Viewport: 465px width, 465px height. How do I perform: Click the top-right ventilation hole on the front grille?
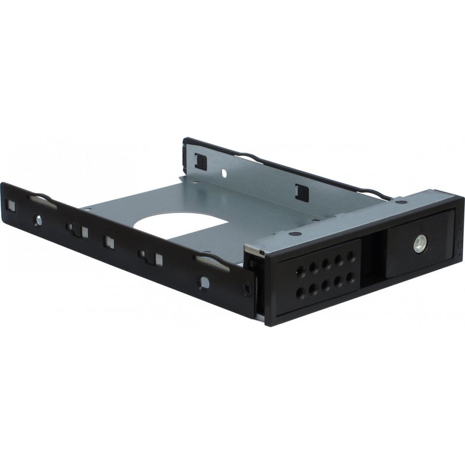[x=350, y=256]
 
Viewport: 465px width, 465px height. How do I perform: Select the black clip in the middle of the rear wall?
[x=301, y=190]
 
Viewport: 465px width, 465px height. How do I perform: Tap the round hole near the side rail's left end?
[x=38, y=220]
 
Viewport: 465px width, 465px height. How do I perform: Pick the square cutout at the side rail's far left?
[x=11, y=205]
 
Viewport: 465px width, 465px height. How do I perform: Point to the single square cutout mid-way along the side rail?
[x=109, y=240]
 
